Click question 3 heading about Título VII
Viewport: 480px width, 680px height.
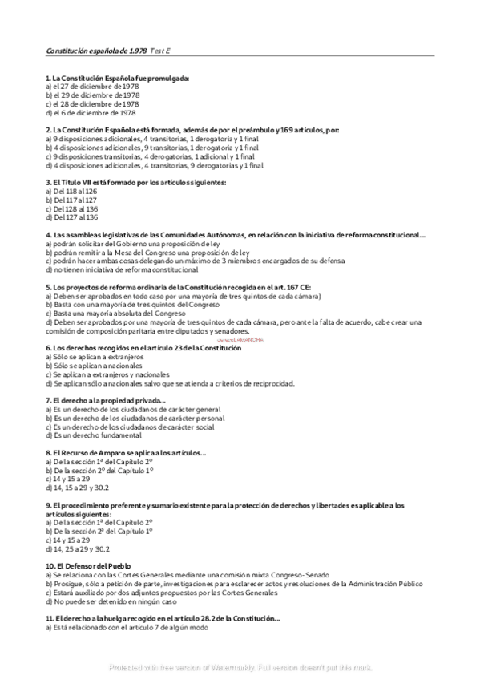click(x=136, y=183)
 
